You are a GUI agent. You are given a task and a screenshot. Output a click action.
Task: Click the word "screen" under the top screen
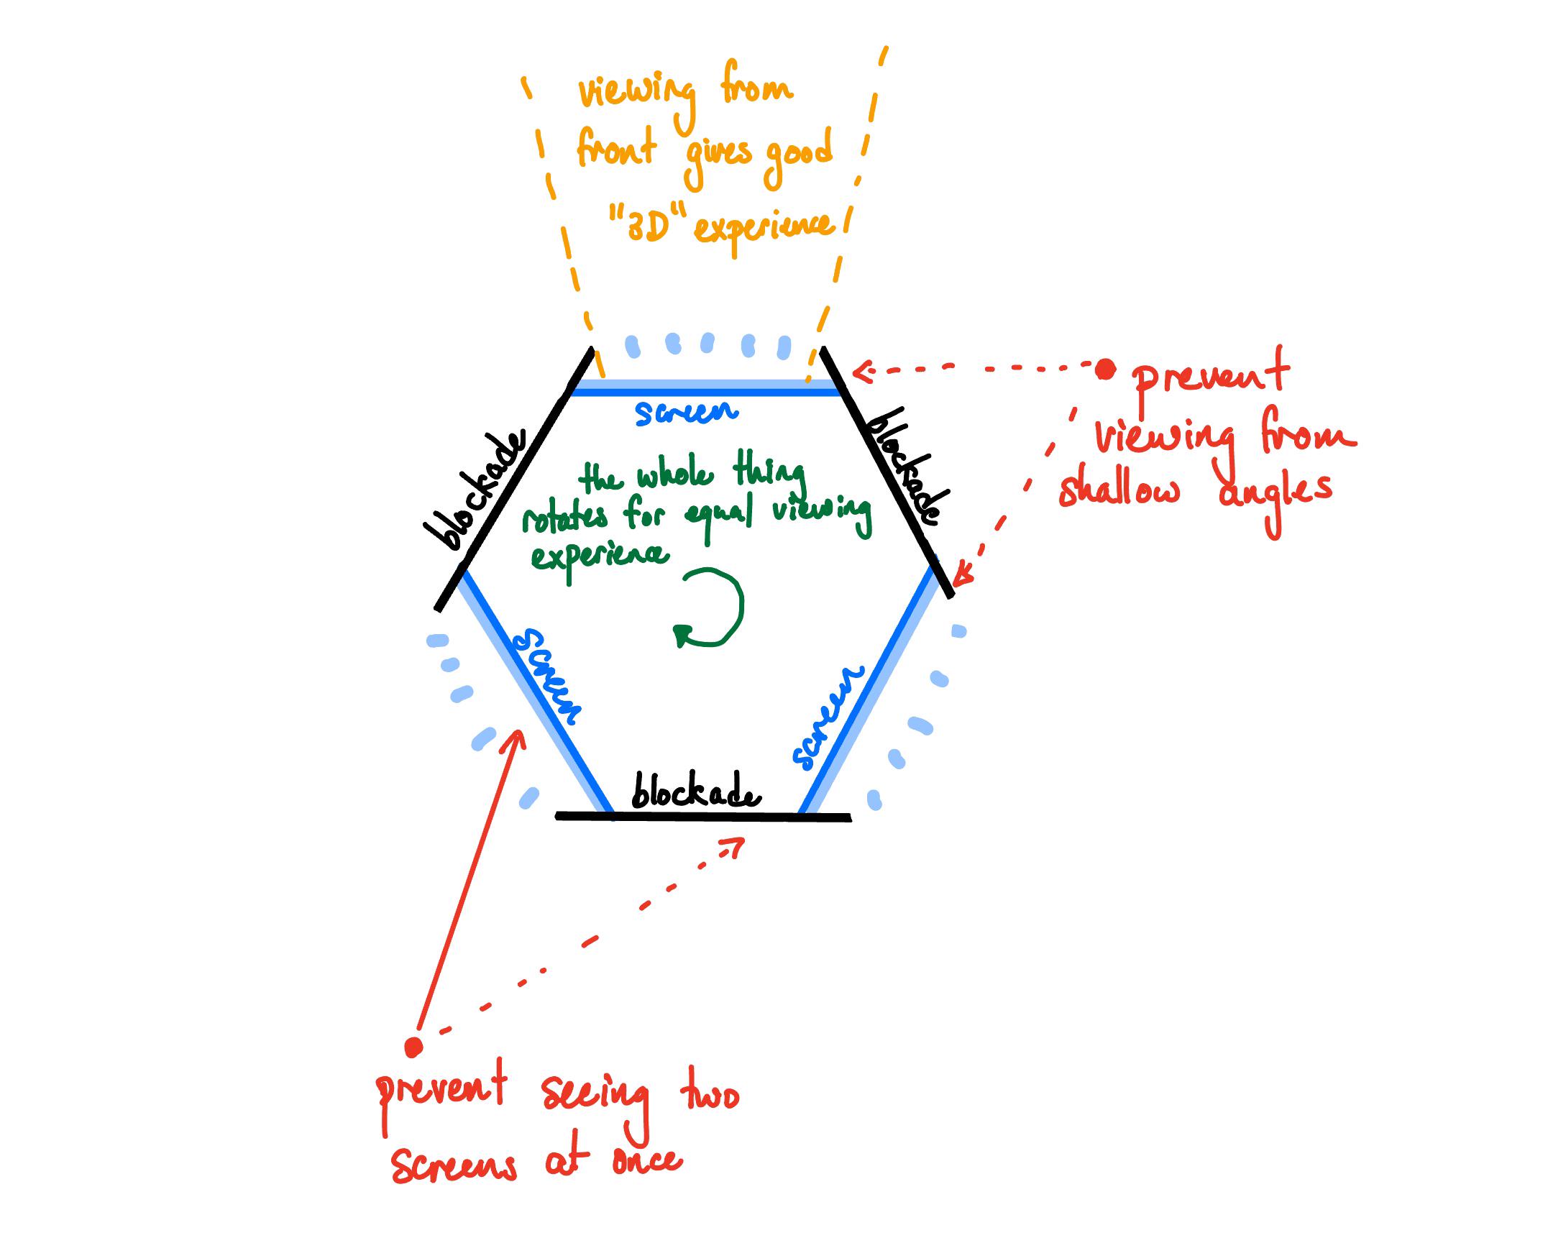[x=687, y=413]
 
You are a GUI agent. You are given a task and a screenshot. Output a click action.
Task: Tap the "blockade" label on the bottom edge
[x=695, y=792]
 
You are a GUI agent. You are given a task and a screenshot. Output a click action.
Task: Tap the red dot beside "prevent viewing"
[x=1105, y=370]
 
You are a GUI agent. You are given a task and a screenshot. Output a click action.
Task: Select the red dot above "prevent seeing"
[x=413, y=1047]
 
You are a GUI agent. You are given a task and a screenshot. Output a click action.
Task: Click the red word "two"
[x=709, y=1096]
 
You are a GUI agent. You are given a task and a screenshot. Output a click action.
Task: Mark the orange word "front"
[x=616, y=148]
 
